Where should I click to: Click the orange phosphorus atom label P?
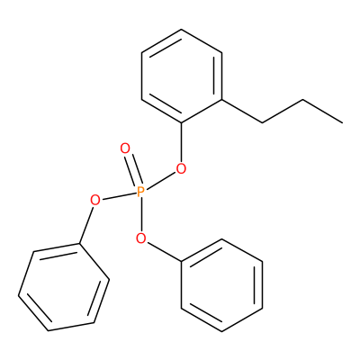pos(140,192)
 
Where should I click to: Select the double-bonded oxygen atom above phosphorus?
pos(125,148)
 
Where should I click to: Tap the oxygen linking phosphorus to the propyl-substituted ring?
pos(181,169)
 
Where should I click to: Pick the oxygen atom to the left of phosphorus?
pos(94,200)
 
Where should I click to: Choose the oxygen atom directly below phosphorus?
pos(140,238)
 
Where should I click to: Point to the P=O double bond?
pos(133,170)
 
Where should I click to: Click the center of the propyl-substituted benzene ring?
pos(182,76)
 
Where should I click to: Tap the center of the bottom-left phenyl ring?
pos(64,287)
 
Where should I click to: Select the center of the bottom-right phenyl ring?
pos(221,285)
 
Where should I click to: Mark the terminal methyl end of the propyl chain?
pos(342,122)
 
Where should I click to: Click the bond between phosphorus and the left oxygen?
pos(119,196)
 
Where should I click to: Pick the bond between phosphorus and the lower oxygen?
pos(140,215)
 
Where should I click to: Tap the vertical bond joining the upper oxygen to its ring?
pos(182,143)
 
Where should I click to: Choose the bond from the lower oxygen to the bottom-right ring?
pos(165,252)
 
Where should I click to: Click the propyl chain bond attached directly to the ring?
pos(242,111)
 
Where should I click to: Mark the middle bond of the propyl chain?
pos(283,111)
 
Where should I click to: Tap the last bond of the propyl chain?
pos(322,111)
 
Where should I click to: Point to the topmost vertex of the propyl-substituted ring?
pos(182,30)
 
